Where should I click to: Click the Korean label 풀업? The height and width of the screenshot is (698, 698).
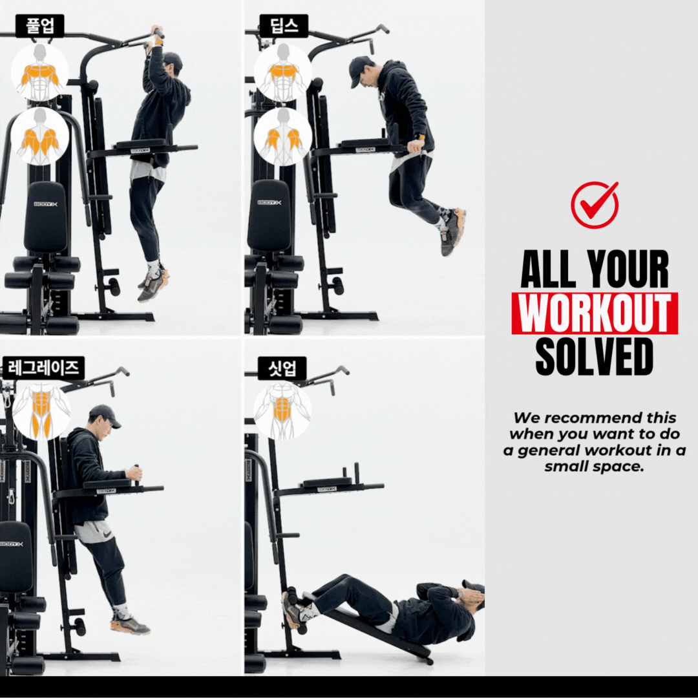(39, 26)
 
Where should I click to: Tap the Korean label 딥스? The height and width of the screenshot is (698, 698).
(284, 26)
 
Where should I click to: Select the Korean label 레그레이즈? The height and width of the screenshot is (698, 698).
(43, 368)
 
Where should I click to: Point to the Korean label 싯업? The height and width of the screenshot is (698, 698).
(282, 368)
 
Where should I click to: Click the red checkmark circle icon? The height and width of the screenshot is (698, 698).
(595, 204)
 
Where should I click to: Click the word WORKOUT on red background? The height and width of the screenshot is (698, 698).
(595, 313)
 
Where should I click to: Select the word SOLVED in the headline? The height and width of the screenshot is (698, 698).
(595, 357)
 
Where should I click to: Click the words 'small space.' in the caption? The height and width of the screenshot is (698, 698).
(595, 467)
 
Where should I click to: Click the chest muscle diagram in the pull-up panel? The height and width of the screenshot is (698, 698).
(40, 72)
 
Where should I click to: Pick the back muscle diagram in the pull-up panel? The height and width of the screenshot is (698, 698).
(40, 136)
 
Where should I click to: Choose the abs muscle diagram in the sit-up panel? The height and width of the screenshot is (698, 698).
(282, 410)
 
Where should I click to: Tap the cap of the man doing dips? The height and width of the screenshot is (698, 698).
(360, 70)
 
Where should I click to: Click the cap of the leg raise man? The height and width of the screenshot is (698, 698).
(105, 415)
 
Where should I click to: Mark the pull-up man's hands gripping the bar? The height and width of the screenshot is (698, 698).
(156, 37)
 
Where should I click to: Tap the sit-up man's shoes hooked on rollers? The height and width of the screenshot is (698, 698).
(297, 610)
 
